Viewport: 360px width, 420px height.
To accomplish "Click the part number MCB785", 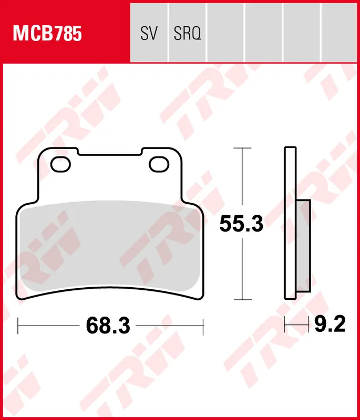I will pyautogui.click(x=47, y=34).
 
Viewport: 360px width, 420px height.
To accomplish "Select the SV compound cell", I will pyautogui.click(x=149, y=34).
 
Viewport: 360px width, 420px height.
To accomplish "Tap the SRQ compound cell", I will pyautogui.click(x=187, y=34).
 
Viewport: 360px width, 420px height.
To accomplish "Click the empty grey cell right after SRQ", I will pyautogui.click(x=225, y=31).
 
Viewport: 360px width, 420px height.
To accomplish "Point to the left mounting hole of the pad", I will pyautogui.click(x=60, y=164).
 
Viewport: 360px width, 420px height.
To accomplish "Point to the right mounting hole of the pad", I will pyautogui.click(x=159, y=164).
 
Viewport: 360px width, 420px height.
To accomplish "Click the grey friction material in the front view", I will pyautogui.click(x=110, y=247).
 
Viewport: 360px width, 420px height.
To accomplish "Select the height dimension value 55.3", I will pyautogui.click(x=241, y=225).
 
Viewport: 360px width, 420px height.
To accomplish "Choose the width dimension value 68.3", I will pyautogui.click(x=108, y=326).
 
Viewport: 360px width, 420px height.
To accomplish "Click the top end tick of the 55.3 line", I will pyautogui.click(x=241, y=149).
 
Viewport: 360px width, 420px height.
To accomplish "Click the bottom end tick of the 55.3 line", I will pyautogui.click(x=241, y=300).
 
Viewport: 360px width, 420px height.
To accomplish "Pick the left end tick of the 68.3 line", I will pyautogui.click(x=18, y=326).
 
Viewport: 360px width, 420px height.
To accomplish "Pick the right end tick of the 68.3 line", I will pyautogui.click(x=203, y=326).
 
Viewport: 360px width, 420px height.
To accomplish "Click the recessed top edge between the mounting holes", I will pyautogui.click(x=110, y=155).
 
